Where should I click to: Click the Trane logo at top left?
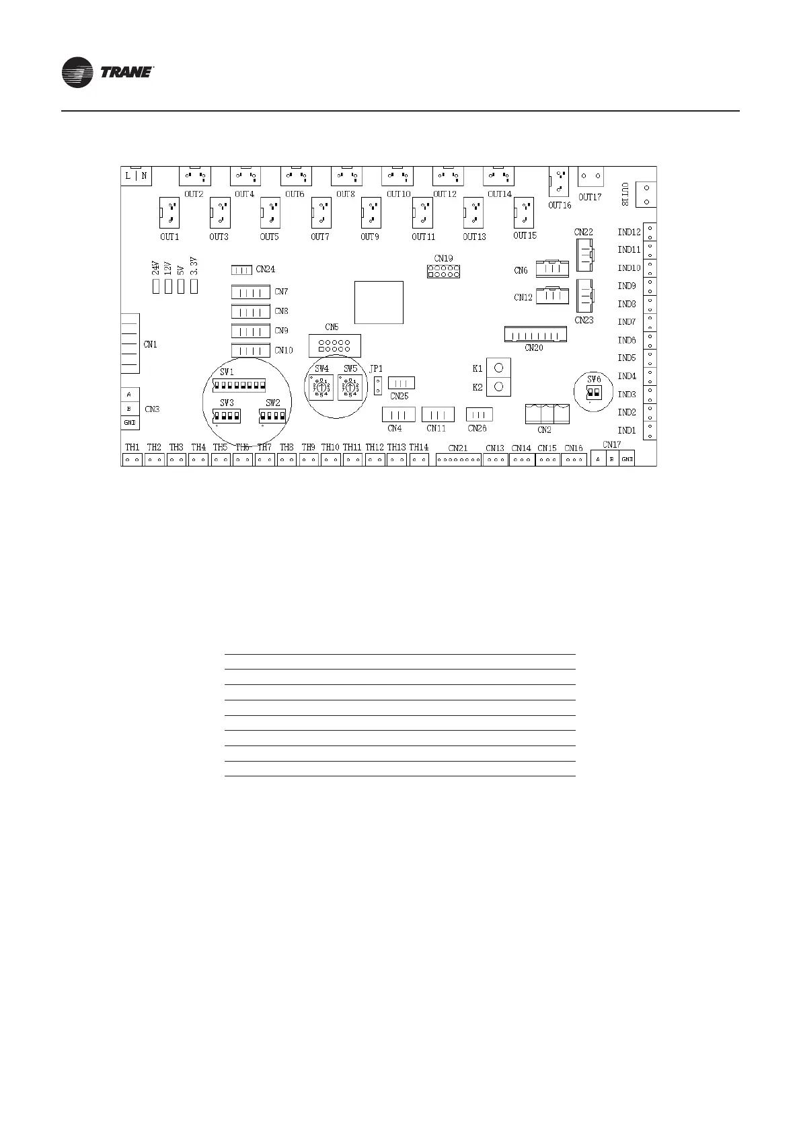[108, 73]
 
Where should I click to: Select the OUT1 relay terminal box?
[169, 214]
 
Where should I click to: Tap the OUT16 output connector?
[559, 182]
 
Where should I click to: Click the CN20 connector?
[535, 335]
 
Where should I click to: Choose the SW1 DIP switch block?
[239, 385]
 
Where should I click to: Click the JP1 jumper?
[378, 386]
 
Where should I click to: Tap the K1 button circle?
[498, 368]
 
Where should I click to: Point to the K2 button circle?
[498, 387]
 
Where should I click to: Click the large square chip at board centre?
[379, 303]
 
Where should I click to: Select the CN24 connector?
[241, 270]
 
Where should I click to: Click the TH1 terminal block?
[132, 460]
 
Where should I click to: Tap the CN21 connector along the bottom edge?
[459, 460]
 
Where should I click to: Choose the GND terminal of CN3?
[130, 423]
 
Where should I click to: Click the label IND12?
[629, 233]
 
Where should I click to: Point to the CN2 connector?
[547, 413]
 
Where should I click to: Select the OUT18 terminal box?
[646, 195]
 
